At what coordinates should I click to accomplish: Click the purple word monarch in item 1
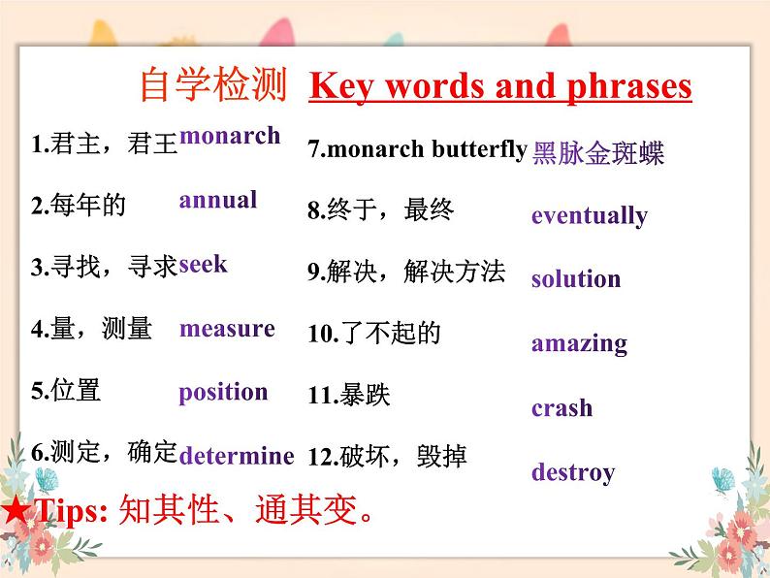point(230,136)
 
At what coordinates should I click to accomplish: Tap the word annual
point(218,200)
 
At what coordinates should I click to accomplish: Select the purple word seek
point(203,264)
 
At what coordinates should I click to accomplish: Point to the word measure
point(227,329)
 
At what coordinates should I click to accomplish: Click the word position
point(223,393)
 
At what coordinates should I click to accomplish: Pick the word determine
point(237,455)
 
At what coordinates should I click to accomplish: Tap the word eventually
point(590,216)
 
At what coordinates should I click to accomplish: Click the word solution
point(576,278)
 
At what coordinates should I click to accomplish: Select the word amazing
point(580,344)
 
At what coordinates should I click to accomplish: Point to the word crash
point(561,407)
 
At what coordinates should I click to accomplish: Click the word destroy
point(573,473)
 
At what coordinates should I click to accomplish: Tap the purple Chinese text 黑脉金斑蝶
point(598,152)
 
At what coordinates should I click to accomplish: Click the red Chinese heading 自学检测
point(213,84)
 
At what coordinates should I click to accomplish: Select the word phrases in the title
point(629,87)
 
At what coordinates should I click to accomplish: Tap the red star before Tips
point(16,509)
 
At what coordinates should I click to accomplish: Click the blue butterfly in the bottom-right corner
point(723,480)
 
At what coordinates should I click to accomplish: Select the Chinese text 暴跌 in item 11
point(366,395)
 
